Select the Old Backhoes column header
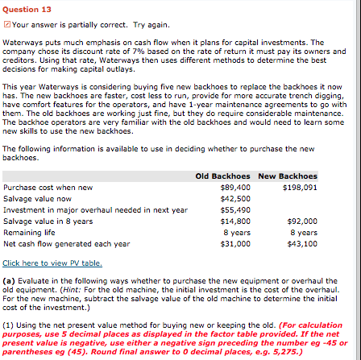tap(223, 176)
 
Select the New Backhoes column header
tap(288, 176)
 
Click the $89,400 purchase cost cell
tap(234, 187)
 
